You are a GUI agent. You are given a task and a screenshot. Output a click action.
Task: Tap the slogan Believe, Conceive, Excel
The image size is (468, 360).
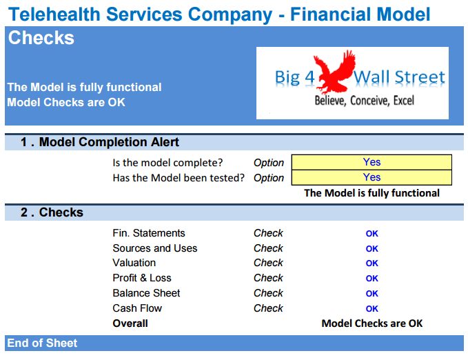click(x=365, y=101)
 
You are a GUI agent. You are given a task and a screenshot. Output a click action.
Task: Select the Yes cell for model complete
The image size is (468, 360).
click(x=372, y=162)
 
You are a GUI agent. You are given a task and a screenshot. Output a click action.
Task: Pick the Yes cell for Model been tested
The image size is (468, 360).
click(x=372, y=177)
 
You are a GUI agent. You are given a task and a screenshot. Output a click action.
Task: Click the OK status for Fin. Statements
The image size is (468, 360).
click(x=372, y=234)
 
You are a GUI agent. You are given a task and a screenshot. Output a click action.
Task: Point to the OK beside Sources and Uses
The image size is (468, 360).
click(x=372, y=248)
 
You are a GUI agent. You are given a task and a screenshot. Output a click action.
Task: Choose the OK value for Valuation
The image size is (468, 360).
click(x=372, y=263)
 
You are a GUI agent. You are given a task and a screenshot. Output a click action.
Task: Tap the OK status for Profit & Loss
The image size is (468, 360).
click(x=372, y=279)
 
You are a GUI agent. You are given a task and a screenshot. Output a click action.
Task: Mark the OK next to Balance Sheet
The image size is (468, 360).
click(x=372, y=294)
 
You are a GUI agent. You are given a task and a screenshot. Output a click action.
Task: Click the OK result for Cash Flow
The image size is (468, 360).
click(x=372, y=308)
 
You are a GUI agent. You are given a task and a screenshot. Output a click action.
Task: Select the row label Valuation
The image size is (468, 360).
click(x=134, y=263)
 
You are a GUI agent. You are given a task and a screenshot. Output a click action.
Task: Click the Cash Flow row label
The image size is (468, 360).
click(x=137, y=308)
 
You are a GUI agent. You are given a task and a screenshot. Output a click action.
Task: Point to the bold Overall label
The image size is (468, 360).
click(x=130, y=323)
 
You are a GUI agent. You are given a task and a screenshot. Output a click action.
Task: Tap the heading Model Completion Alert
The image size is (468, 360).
click(x=109, y=142)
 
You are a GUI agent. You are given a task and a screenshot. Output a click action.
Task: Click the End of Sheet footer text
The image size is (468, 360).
click(x=42, y=343)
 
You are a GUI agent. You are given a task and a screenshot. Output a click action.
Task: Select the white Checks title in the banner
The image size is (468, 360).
click(x=41, y=38)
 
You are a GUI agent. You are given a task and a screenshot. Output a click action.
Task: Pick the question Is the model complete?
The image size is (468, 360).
click(x=167, y=163)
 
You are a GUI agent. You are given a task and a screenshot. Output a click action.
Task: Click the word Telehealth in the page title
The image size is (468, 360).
click(x=54, y=14)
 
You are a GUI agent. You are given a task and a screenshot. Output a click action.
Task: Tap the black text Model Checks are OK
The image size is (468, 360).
click(x=372, y=323)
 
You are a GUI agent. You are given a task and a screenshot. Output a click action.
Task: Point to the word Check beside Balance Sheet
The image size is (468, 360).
click(x=268, y=293)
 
